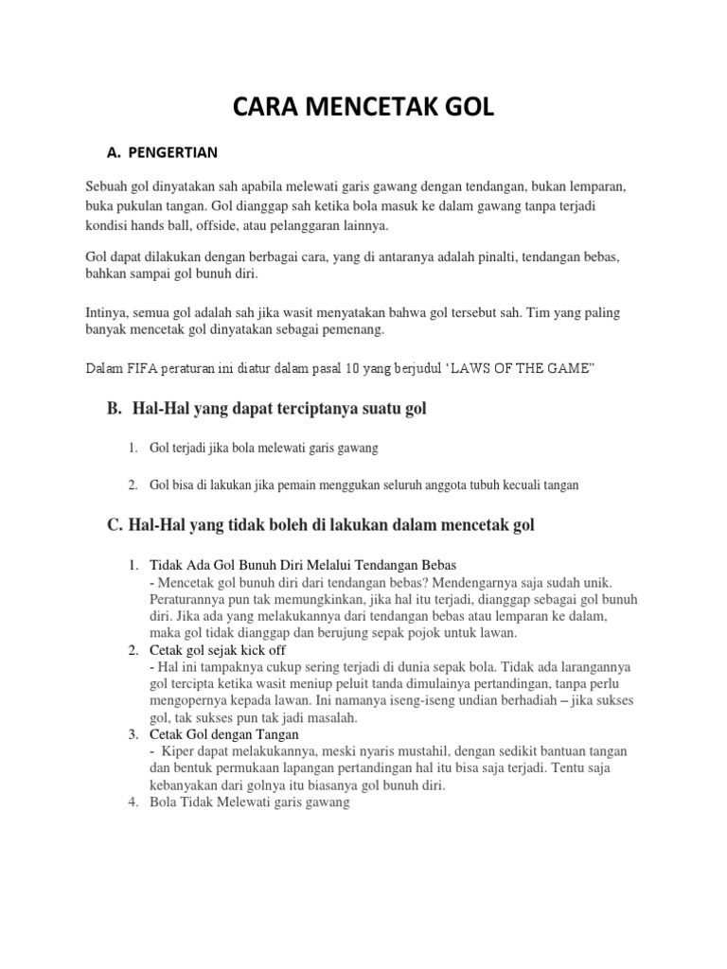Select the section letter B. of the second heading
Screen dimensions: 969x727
click(115, 409)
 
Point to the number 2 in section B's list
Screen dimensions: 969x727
click(133, 484)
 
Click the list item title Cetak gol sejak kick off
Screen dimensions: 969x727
click(217, 650)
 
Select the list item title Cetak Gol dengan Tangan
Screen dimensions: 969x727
click(224, 733)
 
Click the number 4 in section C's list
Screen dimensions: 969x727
click(133, 802)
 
